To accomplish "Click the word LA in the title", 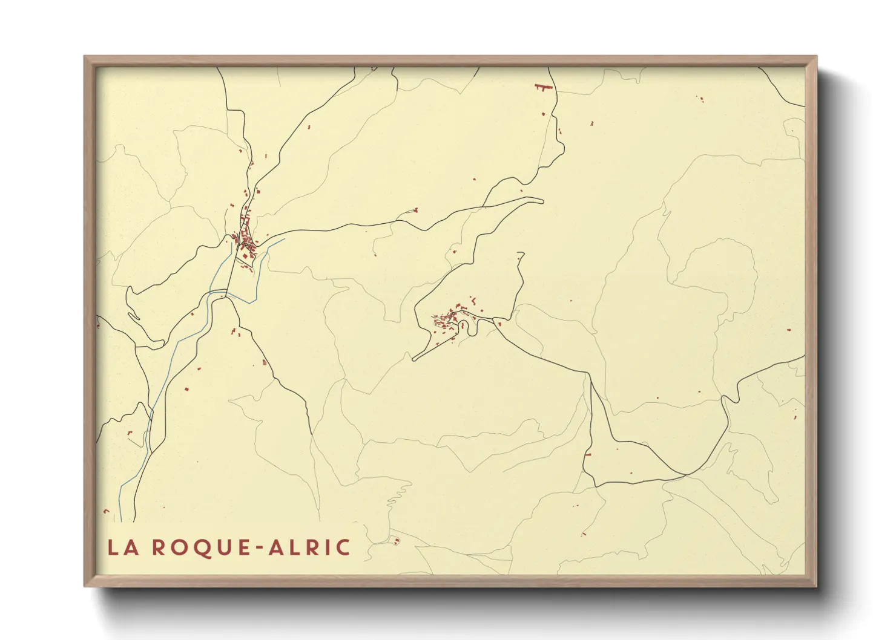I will [x=122, y=547].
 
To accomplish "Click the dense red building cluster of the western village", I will [x=246, y=243].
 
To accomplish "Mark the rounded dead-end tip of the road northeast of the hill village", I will [x=542, y=201].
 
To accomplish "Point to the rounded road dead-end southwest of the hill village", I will [x=414, y=359].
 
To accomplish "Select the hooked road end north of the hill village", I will [x=521, y=253].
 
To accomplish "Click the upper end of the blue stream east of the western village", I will [x=283, y=239].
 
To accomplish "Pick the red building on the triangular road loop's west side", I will [x=587, y=454].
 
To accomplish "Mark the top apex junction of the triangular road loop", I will [x=590, y=375].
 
